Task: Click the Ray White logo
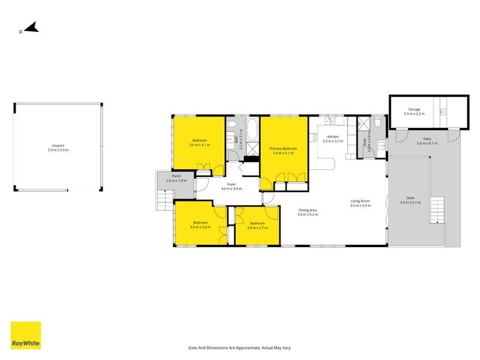26,335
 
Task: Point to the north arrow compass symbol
29,28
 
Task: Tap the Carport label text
58,145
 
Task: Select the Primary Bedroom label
283,148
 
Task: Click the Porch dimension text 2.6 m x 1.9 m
175,181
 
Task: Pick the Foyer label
232,184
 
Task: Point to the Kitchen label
332,137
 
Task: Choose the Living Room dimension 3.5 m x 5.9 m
361,206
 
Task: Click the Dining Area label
307,210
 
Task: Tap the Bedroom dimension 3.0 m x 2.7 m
257,228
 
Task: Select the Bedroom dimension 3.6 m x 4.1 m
199,145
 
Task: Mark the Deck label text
410,199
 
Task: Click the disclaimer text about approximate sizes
239,347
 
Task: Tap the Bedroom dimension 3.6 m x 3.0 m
199,227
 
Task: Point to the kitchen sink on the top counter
329,120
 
